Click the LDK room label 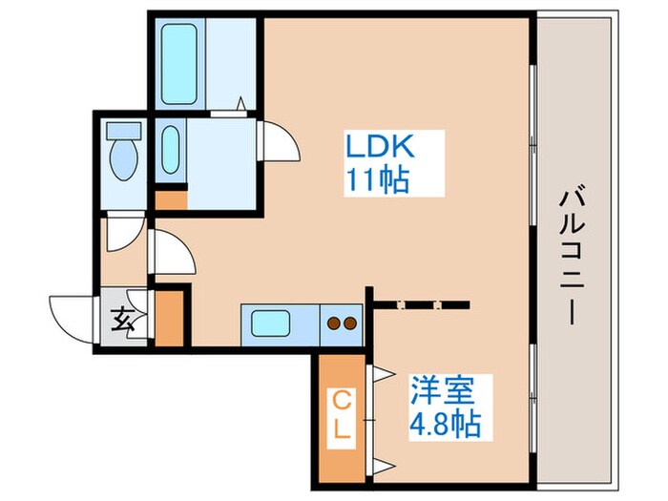click(379, 148)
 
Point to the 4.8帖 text click(445, 421)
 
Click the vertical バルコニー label click(573, 256)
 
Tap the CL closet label click(342, 416)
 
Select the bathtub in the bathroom click(179, 63)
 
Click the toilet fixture click(121, 157)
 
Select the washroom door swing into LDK click(278, 141)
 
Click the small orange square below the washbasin click(169, 200)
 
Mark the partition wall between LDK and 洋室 click(420, 305)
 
